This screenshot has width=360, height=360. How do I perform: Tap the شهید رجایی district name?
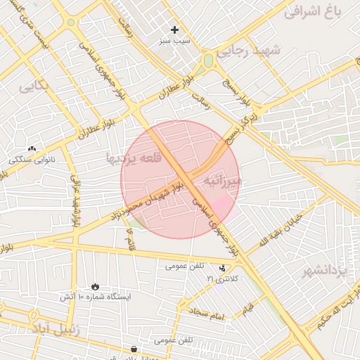pos(259,50)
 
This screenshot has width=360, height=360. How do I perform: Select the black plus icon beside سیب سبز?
pos(175,30)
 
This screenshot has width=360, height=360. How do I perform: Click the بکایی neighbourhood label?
pos(34,86)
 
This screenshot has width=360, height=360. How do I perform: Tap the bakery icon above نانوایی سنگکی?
pos(32,148)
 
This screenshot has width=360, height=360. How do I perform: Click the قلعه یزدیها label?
pos(134,157)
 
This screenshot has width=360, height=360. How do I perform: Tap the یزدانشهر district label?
pos(326,270)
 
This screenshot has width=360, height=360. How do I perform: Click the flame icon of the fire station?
pos(95,286)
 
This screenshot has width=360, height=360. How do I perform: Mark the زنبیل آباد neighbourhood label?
pos(56,328)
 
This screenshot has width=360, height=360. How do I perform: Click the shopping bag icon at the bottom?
pos(134,349)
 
